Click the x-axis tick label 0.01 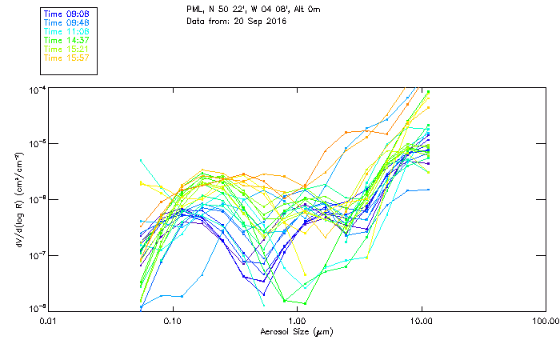click(49, 321)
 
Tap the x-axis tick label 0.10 click(173, 321)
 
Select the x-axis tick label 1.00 click(297, 321)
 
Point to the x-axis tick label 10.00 click(421, 321)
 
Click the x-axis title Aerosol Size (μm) click(296, 331)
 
